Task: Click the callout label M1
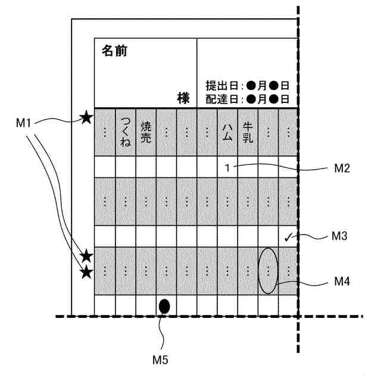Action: tap(23, 123)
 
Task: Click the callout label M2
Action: tap(341, 168)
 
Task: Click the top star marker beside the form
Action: tap(86, 118)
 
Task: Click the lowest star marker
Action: tap(86, 273)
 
